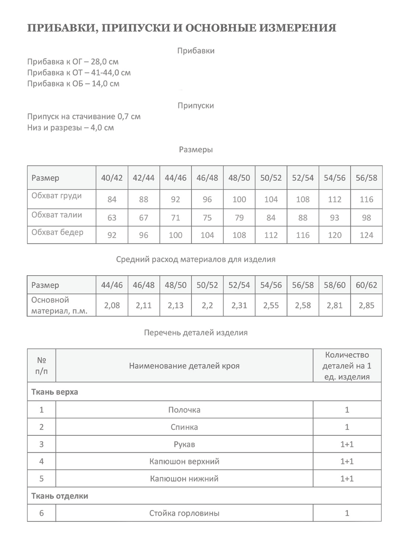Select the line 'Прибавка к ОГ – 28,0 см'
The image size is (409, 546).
click(73, 62)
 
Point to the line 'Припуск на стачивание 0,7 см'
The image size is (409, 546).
click(84, 116)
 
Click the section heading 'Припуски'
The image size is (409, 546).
click(196, 105)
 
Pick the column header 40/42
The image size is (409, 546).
click(112, 178)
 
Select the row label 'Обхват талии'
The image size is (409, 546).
click(57, 215)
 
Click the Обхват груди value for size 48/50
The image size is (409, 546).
click(239, 199)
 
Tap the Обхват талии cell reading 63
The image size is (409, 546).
click(112, 217)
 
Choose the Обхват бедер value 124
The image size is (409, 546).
click(366, 235)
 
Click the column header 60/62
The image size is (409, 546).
click(366, 285)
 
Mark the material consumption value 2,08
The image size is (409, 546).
click(112, 305)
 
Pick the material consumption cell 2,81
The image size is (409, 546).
click(335, 305)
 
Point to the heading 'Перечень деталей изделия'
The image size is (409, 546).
click(196, 333)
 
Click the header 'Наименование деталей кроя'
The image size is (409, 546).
click(184, 366)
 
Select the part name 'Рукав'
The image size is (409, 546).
click(184, 444)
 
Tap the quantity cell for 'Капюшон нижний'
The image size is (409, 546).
click(347, 478)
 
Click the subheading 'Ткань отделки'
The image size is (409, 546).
click(60, 496)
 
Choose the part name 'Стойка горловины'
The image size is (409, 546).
click(184, 513)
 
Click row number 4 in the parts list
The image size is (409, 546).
click(41, 461)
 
